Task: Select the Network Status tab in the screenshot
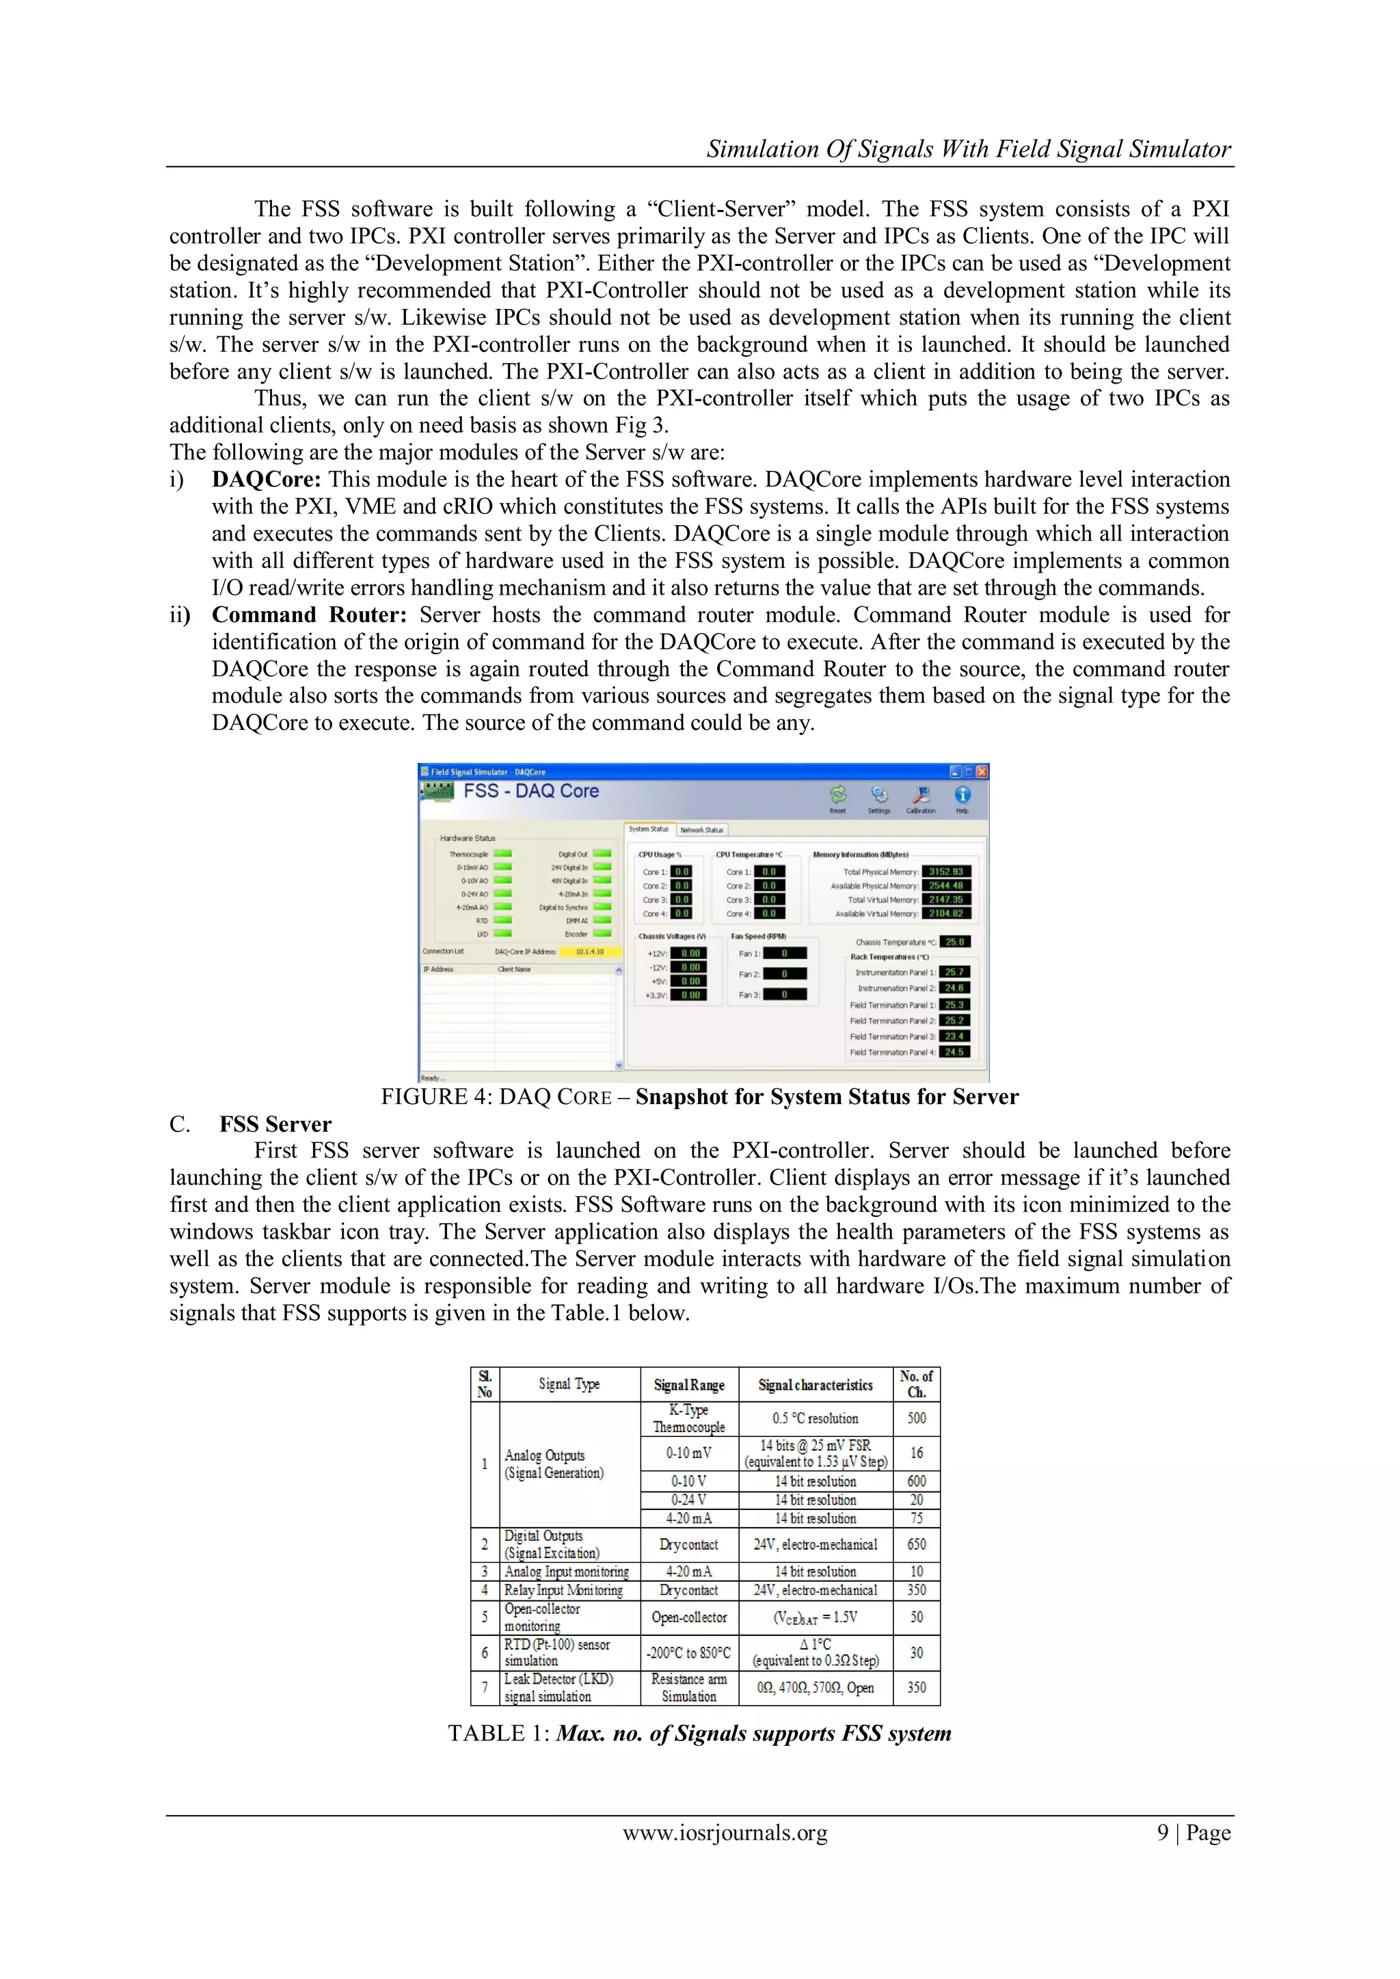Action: [702, 830]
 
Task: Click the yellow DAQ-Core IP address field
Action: [590, 952]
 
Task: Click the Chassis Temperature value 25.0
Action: [954, 942]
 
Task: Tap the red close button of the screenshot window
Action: [982, 771]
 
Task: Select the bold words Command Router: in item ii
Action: [308, 615]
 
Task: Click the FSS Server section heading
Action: [275, 1124]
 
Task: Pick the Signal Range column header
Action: [689, 1385]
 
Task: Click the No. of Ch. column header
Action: [917, 1384]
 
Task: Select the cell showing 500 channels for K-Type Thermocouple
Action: [917, 1418]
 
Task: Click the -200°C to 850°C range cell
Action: [689, 1652]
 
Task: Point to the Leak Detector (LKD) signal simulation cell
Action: [569, 1688]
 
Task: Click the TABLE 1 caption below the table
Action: [699, 1734]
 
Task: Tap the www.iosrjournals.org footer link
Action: [725, 1833]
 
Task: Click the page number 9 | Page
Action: [1193, 1833]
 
